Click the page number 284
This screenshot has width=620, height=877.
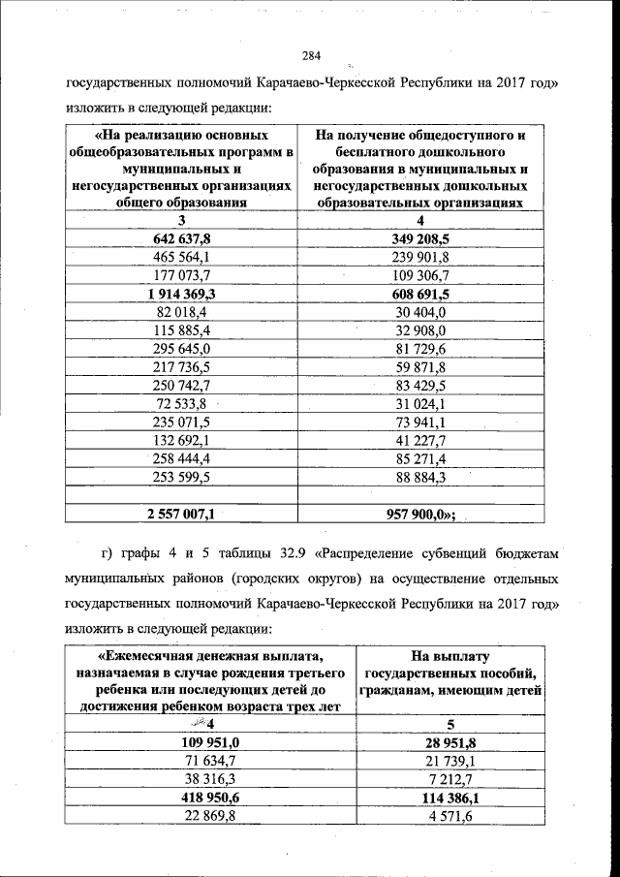[x=310, y=54]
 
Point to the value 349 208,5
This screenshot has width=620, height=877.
[x=420, y=238]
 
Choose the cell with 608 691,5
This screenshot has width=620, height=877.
[x=420, y=294]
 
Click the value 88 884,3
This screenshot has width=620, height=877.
[x=420, y=477]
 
